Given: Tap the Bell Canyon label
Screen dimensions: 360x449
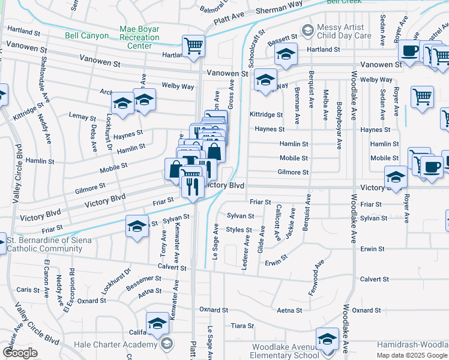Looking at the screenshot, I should pyautogui.click(x=87, y=36).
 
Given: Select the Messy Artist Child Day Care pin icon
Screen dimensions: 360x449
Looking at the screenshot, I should pyautogui.click(x=307, y=29).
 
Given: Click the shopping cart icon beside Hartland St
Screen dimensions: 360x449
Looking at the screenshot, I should pyautogui.click(x=193, y=46).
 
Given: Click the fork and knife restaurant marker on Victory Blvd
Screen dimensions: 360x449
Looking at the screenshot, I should pyautogui.click(x=192, y=187).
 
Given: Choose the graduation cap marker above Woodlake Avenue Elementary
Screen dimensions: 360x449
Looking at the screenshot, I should pyautogui.click(x=328, y=339).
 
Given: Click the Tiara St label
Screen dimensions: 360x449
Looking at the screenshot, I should pyautogui.click(x=243, y=326).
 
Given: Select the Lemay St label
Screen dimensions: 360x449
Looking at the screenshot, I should pyautogui.click(x=82, y=115).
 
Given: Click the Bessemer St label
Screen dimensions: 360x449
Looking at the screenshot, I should pyautogui.click(x=145, y=280).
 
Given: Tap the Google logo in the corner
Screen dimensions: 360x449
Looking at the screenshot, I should pyautogui.click(x=20, y=353).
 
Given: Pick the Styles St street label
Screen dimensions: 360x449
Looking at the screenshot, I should pyautogui.click(x=239, y=230).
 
